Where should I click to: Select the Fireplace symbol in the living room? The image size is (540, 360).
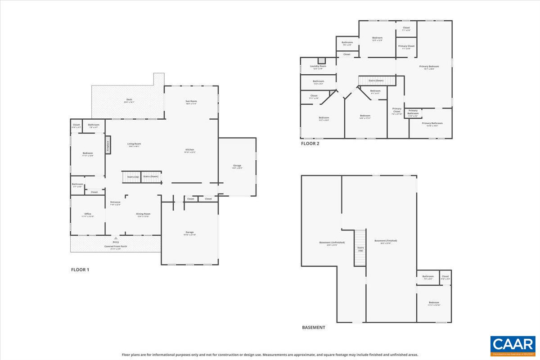(108, 147)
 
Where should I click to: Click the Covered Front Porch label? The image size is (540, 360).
(116, 247)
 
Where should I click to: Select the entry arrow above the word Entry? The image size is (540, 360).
(116, 238)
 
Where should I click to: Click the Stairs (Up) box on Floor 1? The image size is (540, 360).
(132, 177)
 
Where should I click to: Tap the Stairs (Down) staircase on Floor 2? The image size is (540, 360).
(377, 81)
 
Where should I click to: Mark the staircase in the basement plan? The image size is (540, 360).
(360, 248)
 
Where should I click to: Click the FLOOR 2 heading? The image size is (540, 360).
(310, 144)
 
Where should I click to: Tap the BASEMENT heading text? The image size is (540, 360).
(313, 327)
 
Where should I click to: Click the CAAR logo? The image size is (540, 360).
(513, 346)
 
